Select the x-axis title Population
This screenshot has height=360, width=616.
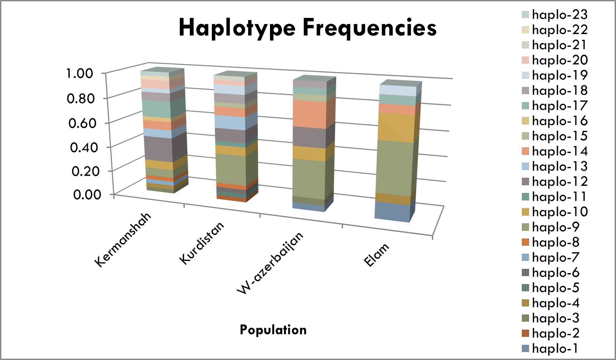pyautogui.click(x=273, y=330)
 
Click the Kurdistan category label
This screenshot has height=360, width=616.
pyautogui.click(x=202, y=243)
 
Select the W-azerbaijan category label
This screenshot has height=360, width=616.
pyautogui.click(x=270, y=263)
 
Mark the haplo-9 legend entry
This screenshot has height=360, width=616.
pyautogui.click(x=551, y=227)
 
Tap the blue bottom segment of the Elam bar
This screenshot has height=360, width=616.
pyautogui.click(x=392, y=212)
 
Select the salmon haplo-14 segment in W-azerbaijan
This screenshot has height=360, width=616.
pyautogui.click(x=310, y=114)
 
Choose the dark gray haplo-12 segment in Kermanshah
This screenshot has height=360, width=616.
pyautogui.click(x=159, y=149)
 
